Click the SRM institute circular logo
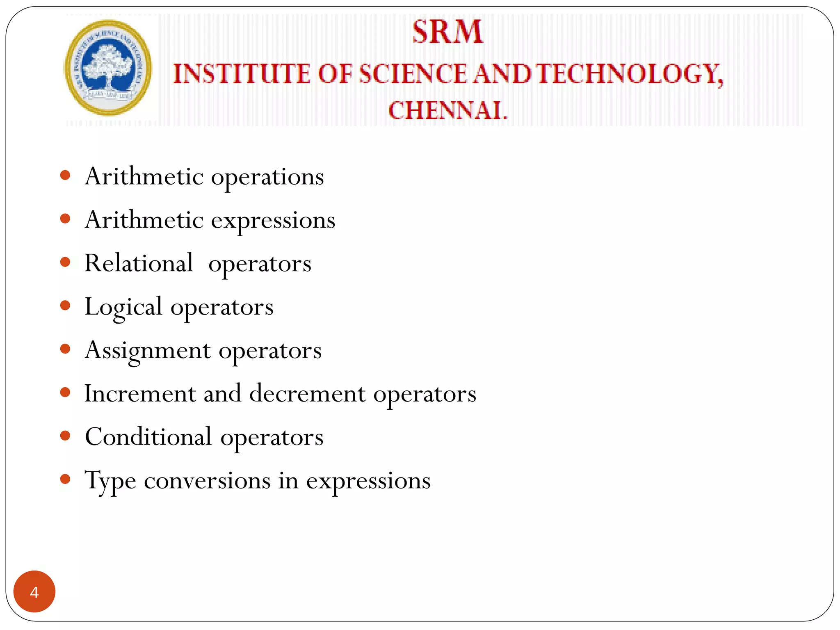[108, 68]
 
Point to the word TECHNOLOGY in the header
[630, 74]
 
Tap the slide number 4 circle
[34, 591]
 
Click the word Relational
[139, 263]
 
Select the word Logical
[123, 307]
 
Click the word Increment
[140, 393]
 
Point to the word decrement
[307, 393]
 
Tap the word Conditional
[148, 437]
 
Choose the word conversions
[207, 480]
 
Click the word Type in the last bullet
[110, 481]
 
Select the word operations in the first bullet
[267, 177]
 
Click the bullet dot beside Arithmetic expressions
[65, 219]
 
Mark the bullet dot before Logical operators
[65, 306]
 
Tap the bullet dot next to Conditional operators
[65, 436]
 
